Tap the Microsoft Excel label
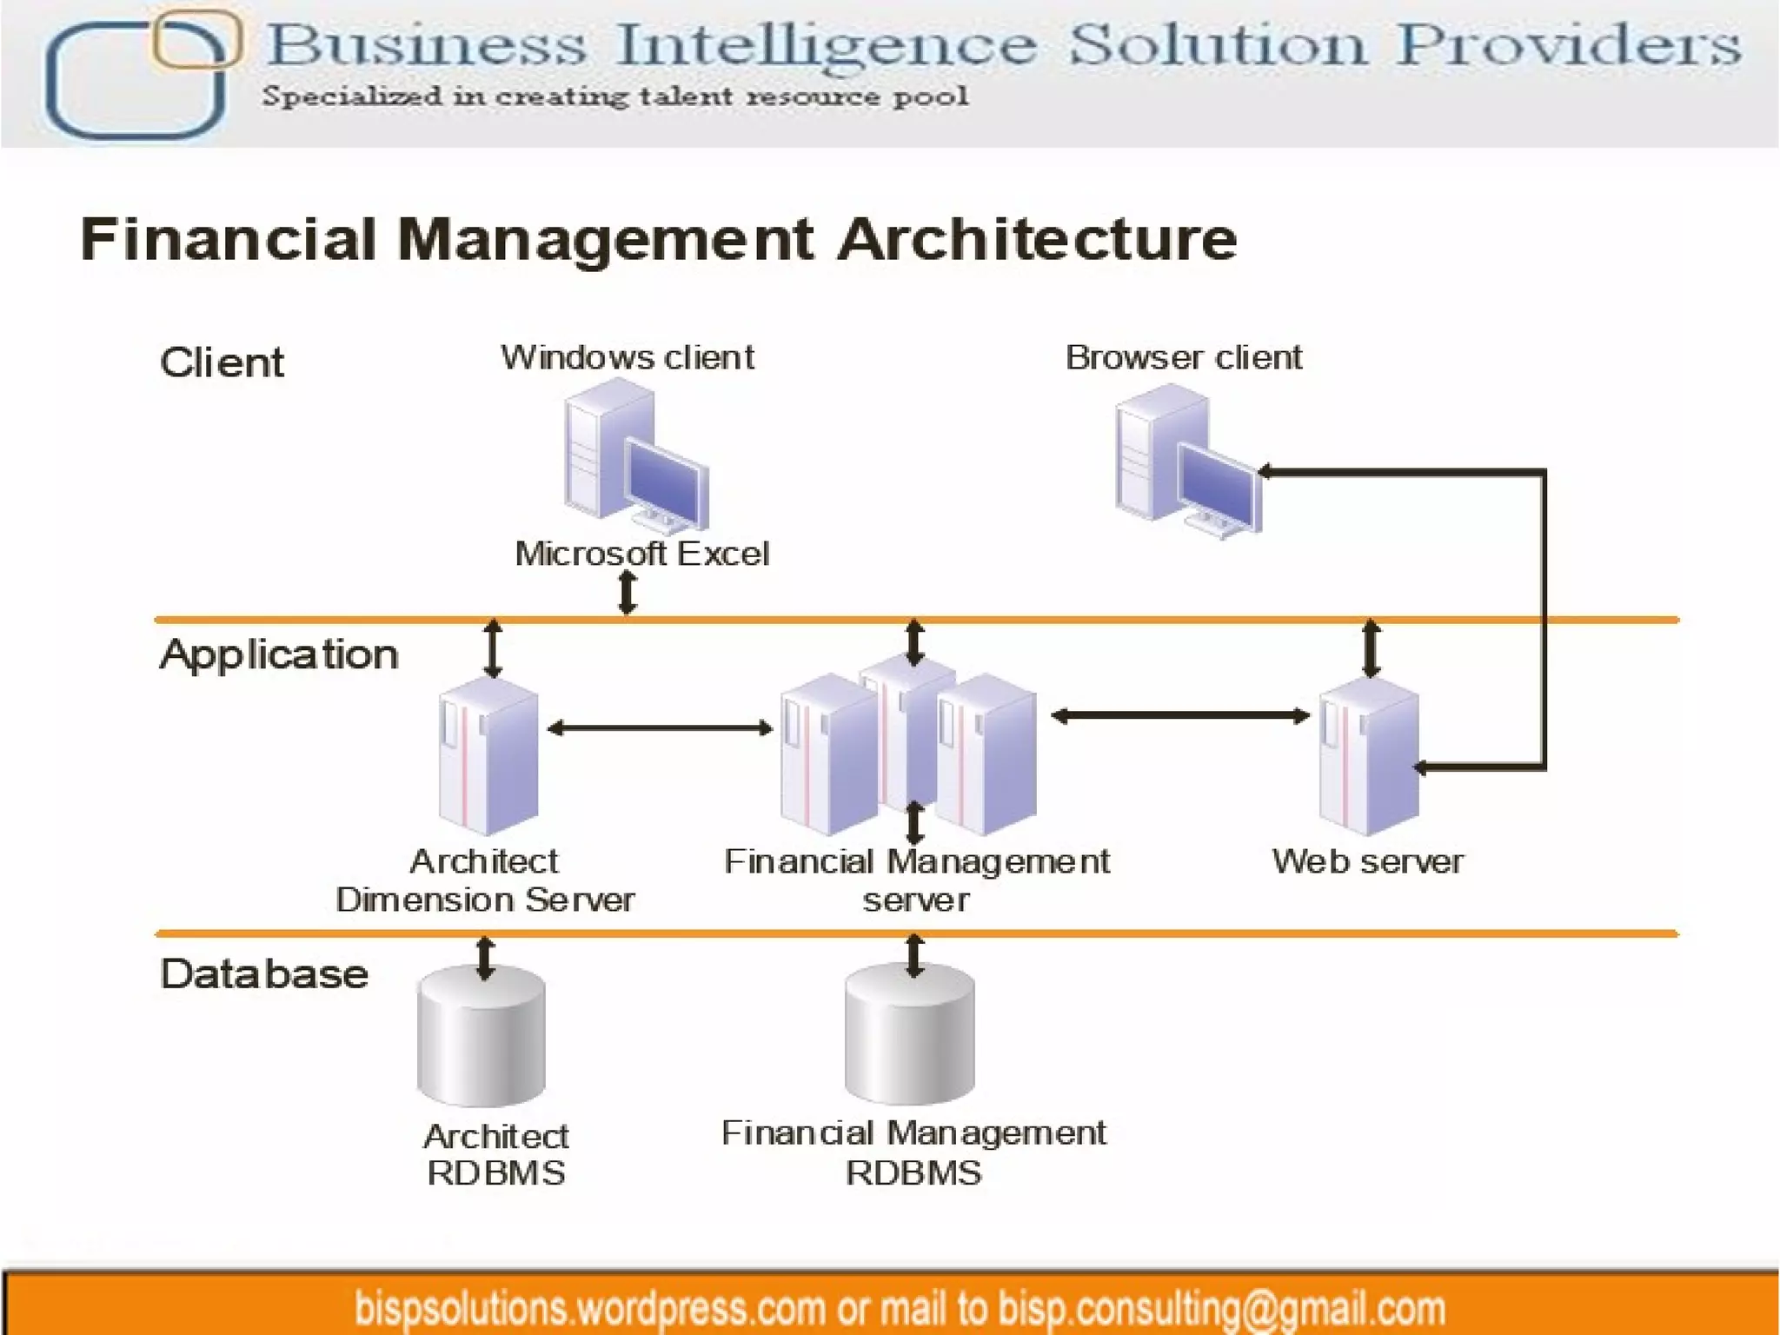pos(641,554)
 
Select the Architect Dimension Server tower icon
pos(488,757)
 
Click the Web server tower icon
pos(1369,757)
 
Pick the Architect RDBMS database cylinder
pos(482,1037)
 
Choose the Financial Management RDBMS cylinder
pos(910,1034)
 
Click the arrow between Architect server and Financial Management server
pos(660,728)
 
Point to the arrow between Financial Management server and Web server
pos(1180,716)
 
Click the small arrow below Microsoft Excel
pos(627,594)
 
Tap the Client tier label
pos(222,362)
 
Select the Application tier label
pos(279,654)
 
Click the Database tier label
pos(264,974)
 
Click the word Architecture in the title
pos(1037,239)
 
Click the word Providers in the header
pos(1569,44)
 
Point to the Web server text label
pos(1367,861)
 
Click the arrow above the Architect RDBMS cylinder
pos(485,958)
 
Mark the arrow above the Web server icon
pos(1371,648)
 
